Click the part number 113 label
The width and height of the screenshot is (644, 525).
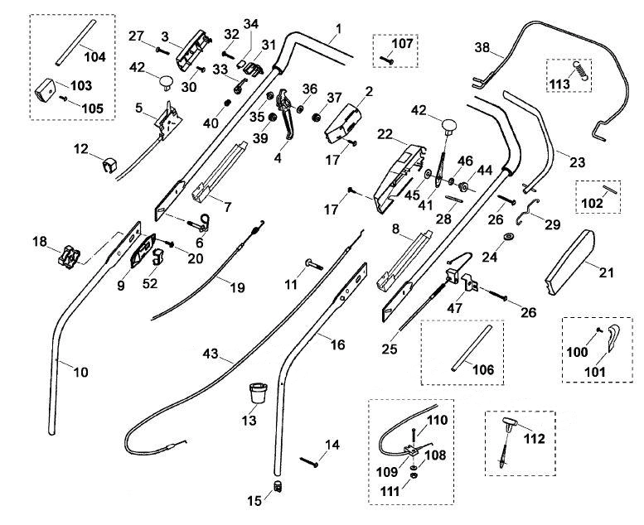point(559,84)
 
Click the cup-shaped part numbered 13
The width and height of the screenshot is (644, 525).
point(259,393)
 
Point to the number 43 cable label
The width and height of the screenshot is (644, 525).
point(211,354)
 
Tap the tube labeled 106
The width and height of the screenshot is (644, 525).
point(471,349)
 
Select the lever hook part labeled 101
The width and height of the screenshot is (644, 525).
point(613,337)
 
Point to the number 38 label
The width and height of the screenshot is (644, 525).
point(482,48)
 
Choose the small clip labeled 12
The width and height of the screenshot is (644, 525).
point(109,165)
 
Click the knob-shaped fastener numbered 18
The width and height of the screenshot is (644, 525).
point(68,257)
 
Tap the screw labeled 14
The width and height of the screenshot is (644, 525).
point(309,462)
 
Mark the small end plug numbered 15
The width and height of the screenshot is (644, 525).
point(278,486)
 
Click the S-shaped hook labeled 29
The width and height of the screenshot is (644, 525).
point(528,212)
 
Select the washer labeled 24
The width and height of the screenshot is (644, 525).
point(509,237)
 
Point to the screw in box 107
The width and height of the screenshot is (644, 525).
point(386,60)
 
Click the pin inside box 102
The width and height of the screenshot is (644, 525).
point(611,190)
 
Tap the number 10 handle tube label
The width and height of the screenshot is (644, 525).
point(81,373)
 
